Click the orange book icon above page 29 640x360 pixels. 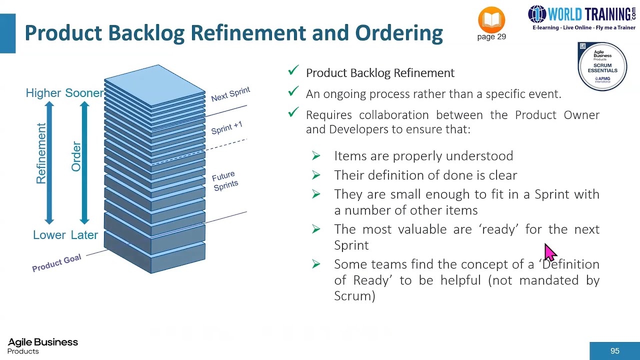pyautogui.click(x=491, y=20)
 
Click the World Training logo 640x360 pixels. pyautogui.click(x=582, y=18)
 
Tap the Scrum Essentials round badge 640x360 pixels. pyautogui.click(x=602, y=66)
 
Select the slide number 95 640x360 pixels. pyautogui.click(x=614, y=351)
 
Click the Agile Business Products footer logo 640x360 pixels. pyautogui.click(x=42, y=345)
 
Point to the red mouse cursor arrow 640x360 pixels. pyautogui.click(x=549, y=252)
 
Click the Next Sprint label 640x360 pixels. pyautogui.click(x=230, y=94)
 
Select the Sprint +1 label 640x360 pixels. pyautogui.click(x=226, y=127)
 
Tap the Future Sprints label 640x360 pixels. pyautogui.click(x=224, y=181)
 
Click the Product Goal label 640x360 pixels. pyautogui.click(x=56, y=263)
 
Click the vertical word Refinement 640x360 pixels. pyautogui.click(x=41, y=153)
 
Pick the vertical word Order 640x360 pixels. pyautogui.click(x=76, y=156)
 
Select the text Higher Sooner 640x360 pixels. pyautogui.click(x=64, y=93)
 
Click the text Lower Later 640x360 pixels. pyautogui.click(x=65, y=235)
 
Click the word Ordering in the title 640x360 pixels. pyautogui.click(x=398, y=33)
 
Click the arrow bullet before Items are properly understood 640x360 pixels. pyautogui.click(x=316, y=156)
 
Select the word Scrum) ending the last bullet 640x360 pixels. pyautogui.click(x=354, y=296)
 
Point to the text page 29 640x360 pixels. pyautogui.click(x=491, y=37)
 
